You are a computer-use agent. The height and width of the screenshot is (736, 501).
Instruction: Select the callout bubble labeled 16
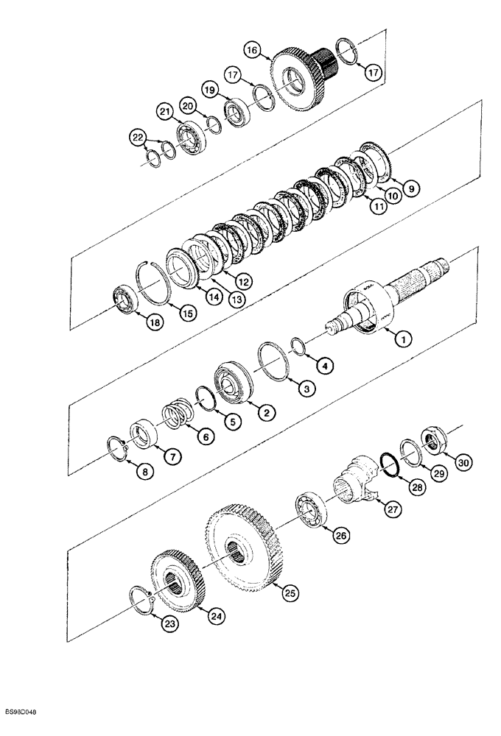tap(253, 51)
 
